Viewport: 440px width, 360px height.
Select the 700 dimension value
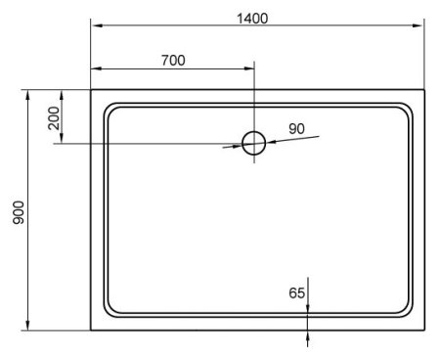pyautogui.click(x=172, y=61)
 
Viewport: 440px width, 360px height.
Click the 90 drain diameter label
pyautogui.click(x=297, y=127)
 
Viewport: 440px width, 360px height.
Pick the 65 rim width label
pyautogui.click(x=297, y=292)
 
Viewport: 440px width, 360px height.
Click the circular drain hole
pyautogui.click(x=254, y=144)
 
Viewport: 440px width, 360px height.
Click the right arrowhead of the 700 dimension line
pyautogui.click(x=248, y=69)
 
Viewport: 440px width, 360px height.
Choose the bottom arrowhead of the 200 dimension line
pyautogui.click(x=63, y=139)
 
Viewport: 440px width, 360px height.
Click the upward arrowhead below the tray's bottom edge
pyautogui.click(x=309, y=336)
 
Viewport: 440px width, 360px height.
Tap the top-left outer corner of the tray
pyautogui.click(x=92, y=91)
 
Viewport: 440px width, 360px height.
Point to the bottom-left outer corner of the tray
pyautogui.click(x=92, y=330)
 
